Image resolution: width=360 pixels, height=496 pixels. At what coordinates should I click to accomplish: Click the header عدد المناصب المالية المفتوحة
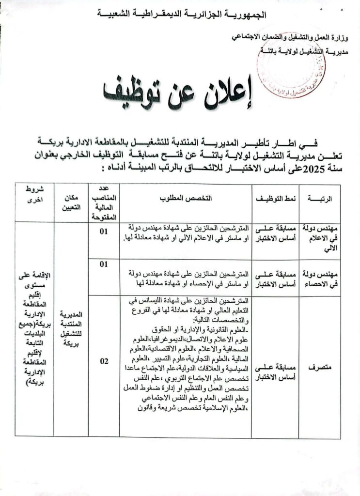coord(104,202)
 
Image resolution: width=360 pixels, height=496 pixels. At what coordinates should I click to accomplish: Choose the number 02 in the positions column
coord(104,361)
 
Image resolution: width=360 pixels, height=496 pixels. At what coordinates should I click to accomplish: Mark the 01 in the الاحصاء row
coord(103,264)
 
